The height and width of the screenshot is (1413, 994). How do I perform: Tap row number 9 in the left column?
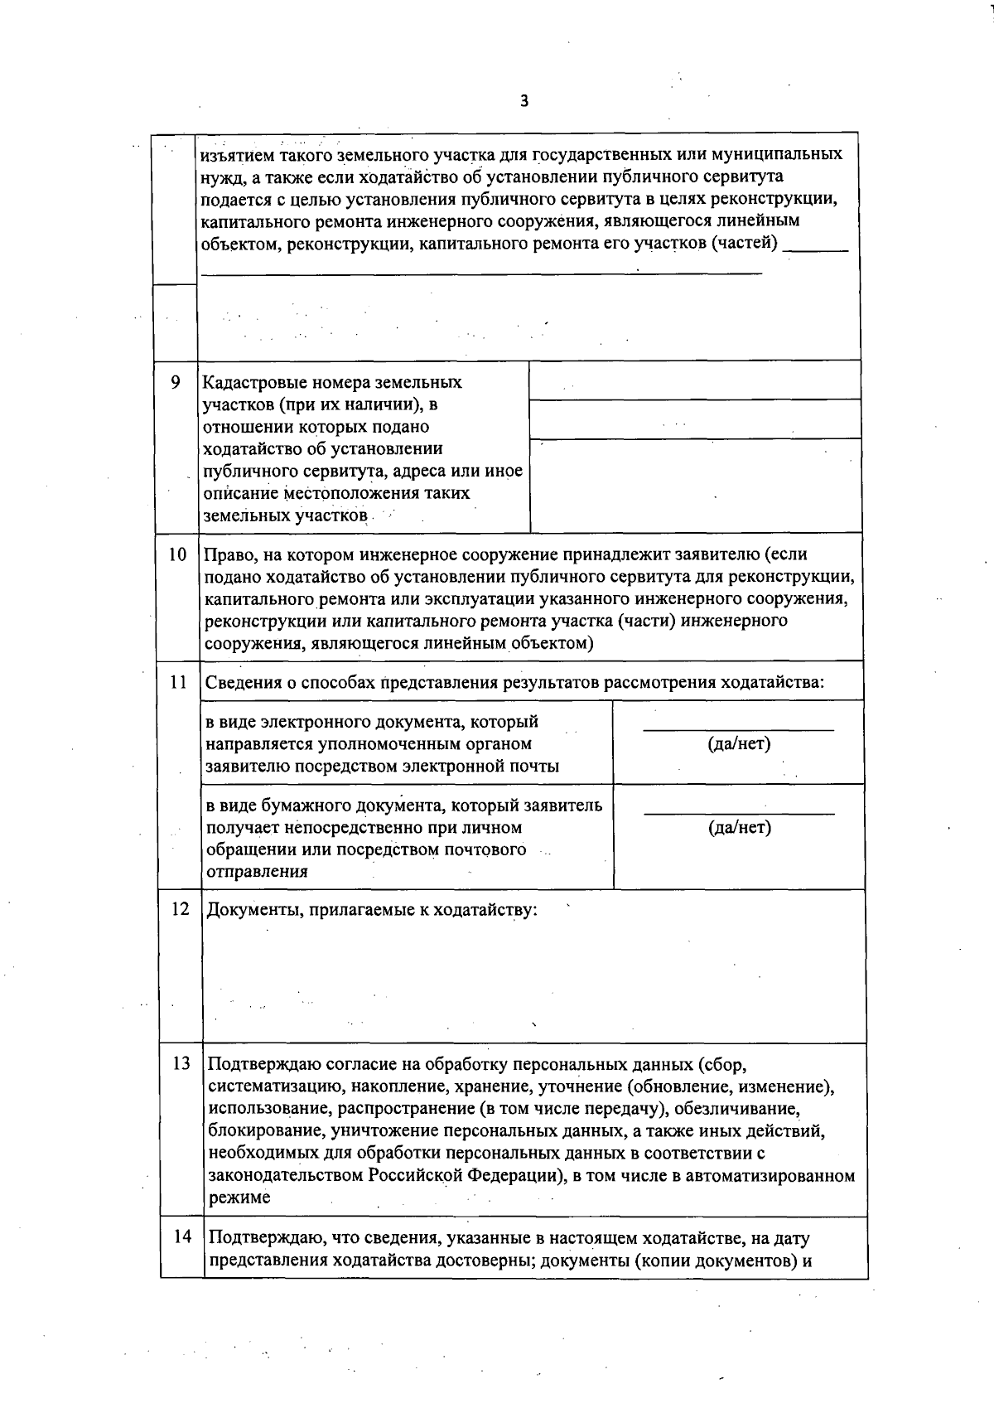[175, 382]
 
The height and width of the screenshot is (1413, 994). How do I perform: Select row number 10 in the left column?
[177, 554]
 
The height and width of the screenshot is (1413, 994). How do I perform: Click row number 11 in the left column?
[177, 682]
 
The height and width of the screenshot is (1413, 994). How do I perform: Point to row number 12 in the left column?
[180, 909]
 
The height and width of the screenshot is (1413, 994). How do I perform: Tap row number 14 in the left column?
[182, 1237]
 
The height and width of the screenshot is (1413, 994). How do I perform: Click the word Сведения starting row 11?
[241, 683]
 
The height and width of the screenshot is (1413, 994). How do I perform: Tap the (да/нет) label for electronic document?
[739, 743]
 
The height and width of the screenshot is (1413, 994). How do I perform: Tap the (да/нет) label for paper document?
[740, 827]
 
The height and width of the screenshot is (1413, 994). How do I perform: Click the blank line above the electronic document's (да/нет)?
[739, 728]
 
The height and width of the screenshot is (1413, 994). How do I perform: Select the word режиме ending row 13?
[239, 1198]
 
